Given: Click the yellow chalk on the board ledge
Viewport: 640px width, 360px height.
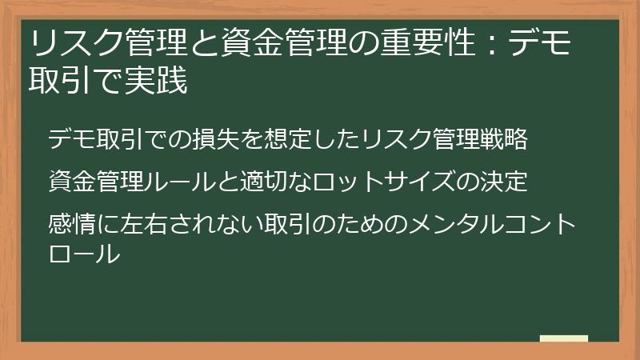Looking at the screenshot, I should [x=563, y=338].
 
